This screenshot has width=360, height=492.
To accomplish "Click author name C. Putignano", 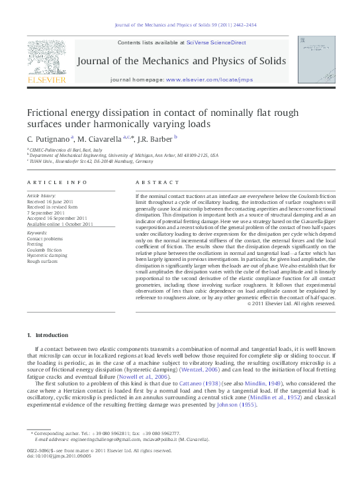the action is coord(48,139).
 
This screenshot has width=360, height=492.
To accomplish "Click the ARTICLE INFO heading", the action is coord(57,182).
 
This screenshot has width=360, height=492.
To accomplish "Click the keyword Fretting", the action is coord(34,244).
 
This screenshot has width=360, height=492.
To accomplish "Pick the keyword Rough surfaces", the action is coord(42,262).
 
